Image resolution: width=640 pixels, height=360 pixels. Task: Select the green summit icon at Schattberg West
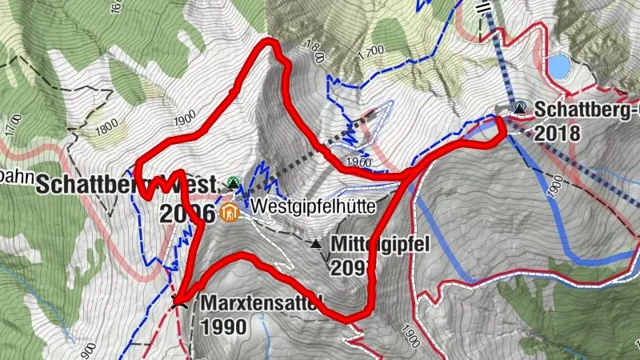233,183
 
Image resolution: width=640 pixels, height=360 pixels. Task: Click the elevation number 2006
187,214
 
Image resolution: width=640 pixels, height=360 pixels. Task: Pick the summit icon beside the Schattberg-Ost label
521,106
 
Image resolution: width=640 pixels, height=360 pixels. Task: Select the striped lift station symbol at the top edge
482,6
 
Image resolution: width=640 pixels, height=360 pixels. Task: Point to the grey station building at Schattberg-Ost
502,108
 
